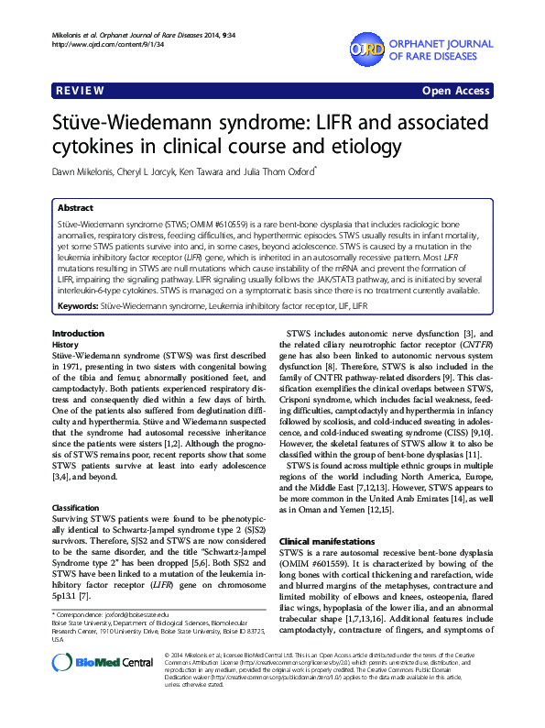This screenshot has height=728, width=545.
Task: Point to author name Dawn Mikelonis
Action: pos(88,170)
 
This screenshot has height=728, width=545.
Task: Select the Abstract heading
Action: pos(74,208)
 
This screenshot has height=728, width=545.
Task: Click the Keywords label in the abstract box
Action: pos(78,303)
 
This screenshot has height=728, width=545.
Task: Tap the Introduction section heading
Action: pos(78,332)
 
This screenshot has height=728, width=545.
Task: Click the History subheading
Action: pos(66,343)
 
